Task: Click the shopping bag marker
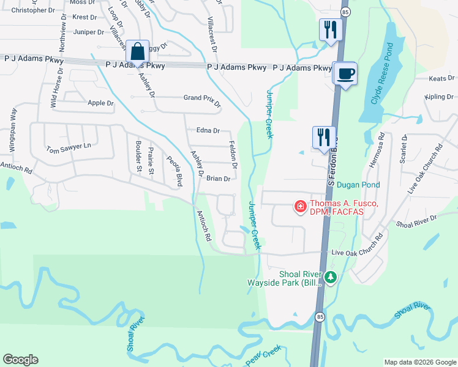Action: coord(138,51)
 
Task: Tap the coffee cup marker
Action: coord(346,73)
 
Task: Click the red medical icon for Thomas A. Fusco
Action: coord(301,207)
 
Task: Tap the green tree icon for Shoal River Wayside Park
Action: coord(331,278)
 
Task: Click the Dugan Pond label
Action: coord(358,185)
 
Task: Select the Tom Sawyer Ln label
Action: coord(69,147)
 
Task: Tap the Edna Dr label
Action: coord(208,130)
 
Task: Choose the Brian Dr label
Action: coord(218,179)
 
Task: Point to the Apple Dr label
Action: coord(101,103)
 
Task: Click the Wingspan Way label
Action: coord(12,131)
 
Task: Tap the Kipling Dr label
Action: coord(441,97)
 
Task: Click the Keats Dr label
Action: coord(441,79)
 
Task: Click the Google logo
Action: coord(20,360)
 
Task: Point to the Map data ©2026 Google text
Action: coord(420,362)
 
